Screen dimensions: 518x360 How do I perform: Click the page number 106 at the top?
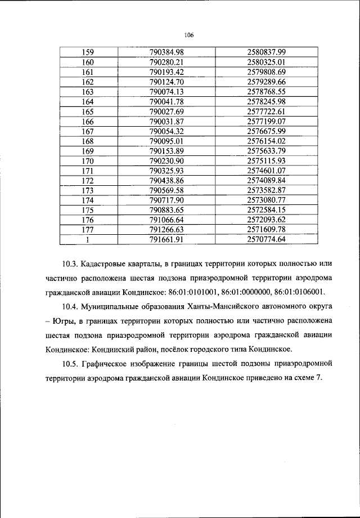click(x=188, y=35)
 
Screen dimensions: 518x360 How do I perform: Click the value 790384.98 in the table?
click(x=167, y=52)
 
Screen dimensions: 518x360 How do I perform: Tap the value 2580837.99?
click(x=267, y=52)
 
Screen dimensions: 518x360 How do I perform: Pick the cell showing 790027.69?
click(x=167, y=112)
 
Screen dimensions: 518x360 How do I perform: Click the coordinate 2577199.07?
click(x=267, y=122)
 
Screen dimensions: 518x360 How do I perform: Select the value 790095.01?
click(x=167, y=141)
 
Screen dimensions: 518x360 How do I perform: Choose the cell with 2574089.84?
click(x=267, y=181)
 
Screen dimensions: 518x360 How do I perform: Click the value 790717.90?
click(x=167, y=200)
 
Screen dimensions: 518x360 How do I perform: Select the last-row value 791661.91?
click(x=167, y=240)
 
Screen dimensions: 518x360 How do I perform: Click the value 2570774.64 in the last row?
click(x=267, y=240)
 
